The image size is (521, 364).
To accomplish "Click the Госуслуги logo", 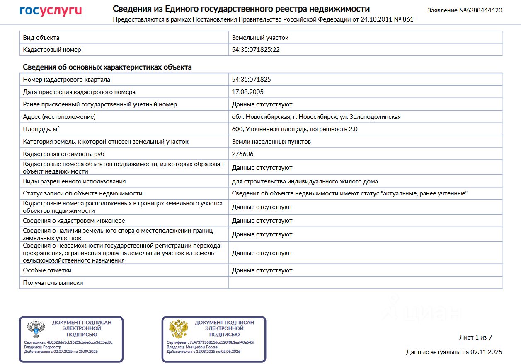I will [x=51, y=11].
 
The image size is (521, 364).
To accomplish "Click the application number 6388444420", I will [x=484, y=10].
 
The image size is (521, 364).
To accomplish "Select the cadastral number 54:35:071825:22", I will [x=255, y=50].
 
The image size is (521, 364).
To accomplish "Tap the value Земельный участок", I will [x=260, y=38].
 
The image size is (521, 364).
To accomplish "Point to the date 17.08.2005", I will [x=247, y=92].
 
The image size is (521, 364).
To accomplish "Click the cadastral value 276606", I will [x=242, y=154].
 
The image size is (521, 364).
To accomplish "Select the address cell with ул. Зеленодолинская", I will [x=316, y=117].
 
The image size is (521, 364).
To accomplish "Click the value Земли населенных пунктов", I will [x=271, y=142].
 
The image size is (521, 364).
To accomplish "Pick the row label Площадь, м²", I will [x=41, y=129].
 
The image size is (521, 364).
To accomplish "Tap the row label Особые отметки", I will [x=47, y=270].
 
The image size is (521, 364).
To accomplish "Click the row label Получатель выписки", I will [x=53, y=283].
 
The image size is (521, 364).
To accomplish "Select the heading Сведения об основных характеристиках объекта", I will [x=107, y=67].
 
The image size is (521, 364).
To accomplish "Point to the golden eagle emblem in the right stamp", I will [x=179, y=329].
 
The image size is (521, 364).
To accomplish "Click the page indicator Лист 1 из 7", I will [x=475, y=337].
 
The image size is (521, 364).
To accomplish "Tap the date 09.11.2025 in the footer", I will [x=486, y=352].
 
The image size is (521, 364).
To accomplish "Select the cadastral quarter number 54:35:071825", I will [x=251, y=80].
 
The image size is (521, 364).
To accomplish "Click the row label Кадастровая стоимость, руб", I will [x=64, y=154].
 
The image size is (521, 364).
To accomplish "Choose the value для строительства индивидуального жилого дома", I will [x=305, y=181].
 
